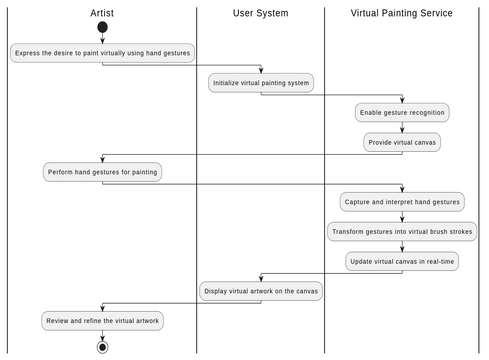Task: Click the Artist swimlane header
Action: coord(102,13)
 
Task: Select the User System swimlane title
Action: coord(260,13)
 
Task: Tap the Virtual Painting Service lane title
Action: coord(401,13)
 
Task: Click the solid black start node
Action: coord(102,28)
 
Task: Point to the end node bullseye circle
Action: coord(102,347)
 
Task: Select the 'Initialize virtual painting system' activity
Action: coord(260,83)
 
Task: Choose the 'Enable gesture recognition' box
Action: coord(401,112)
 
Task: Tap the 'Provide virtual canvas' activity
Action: coord(401,142)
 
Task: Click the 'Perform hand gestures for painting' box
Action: coord(102,172)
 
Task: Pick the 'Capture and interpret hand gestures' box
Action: coord(401,202)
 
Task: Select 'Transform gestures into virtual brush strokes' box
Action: coord(401,231)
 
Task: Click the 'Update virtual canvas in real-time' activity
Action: coord(401,261)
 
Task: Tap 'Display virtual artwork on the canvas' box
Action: coord(260,291)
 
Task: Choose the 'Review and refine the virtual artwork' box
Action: coord(102,321)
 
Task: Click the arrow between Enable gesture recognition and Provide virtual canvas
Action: coord(401,127)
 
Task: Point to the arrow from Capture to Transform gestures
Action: coord(401,217)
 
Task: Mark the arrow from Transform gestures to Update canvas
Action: coord(401,246)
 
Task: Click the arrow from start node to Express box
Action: coord(102,39)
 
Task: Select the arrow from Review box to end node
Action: coord(102,335)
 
